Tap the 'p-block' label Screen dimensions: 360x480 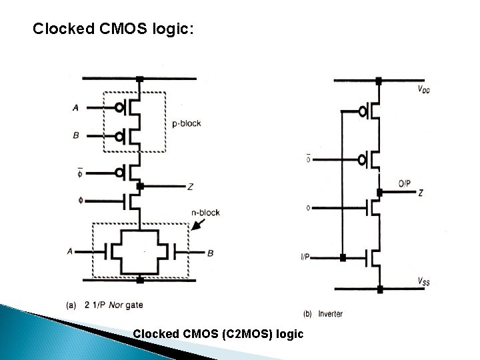(x=186, y=123)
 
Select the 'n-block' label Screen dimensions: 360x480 (x=205, y=213)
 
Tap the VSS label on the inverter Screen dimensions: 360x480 (x=423, y=281)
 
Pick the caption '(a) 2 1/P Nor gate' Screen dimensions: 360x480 (x=105, y=305)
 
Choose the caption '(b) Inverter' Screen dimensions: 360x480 (x=323, y=313)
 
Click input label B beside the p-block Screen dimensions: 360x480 (x=75, y=135)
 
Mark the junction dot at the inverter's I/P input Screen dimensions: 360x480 (x=341, y=257)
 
